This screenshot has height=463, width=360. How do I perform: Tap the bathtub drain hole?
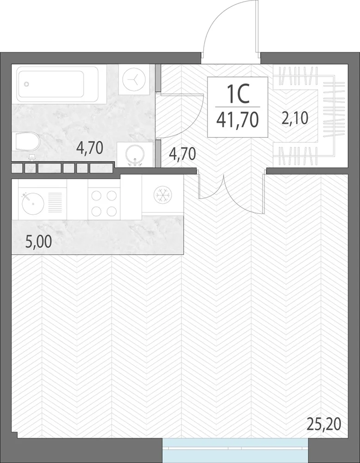26,84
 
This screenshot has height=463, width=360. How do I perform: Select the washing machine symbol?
134,80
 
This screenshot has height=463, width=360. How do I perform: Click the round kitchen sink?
33,203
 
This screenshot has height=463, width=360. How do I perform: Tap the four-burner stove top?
104,203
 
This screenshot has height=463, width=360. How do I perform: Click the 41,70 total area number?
237,119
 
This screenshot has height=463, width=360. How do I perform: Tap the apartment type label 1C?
238,94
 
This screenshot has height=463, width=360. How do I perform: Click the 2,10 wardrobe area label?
294,118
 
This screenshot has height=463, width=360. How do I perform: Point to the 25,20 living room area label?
324,424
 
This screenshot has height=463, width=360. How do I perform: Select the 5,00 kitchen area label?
39,242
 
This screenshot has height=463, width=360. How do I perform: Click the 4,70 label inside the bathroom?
90,148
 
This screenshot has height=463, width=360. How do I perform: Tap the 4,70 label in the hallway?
182,154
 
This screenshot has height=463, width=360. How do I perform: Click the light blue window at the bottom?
235,450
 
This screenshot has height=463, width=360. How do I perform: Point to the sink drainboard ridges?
55,202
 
